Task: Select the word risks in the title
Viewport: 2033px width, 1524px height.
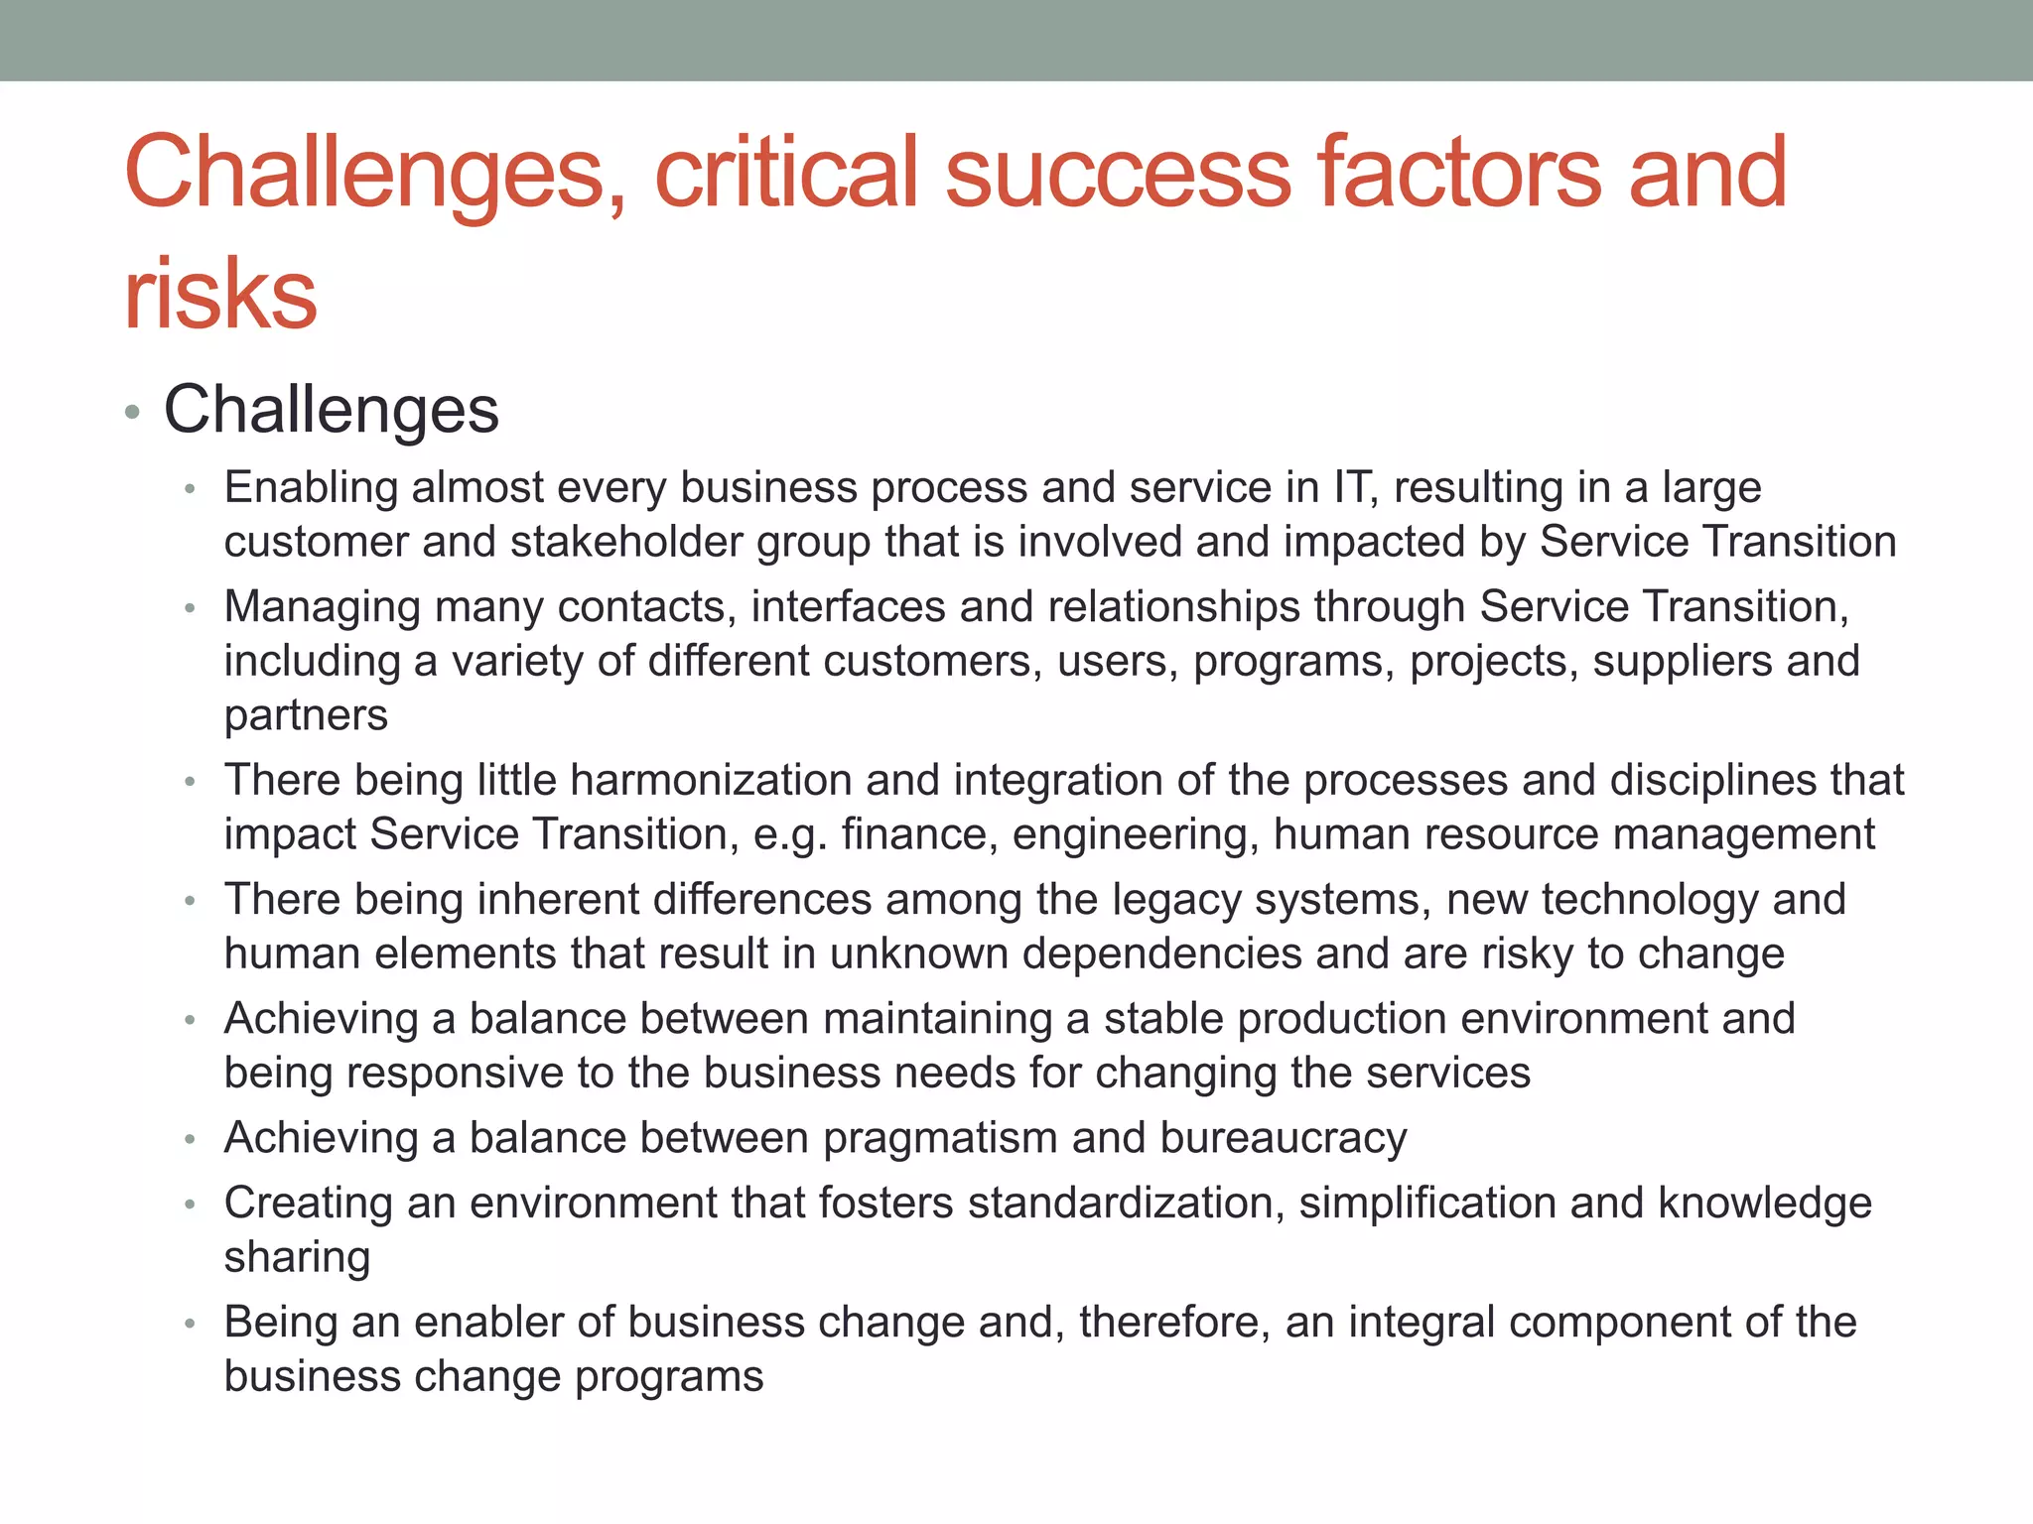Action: (x=220, y=294)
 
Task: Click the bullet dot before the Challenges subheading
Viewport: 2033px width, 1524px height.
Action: (x=133, y=412)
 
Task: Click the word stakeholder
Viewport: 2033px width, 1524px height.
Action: (x=626, y=542)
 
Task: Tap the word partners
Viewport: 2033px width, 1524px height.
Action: (x=306, y=715)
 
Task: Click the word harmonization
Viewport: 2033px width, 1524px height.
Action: (x=711, y=780)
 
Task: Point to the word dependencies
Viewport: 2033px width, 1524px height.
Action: (x=1162, y=953)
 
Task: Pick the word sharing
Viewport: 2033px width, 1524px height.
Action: (x=297, y=1257)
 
